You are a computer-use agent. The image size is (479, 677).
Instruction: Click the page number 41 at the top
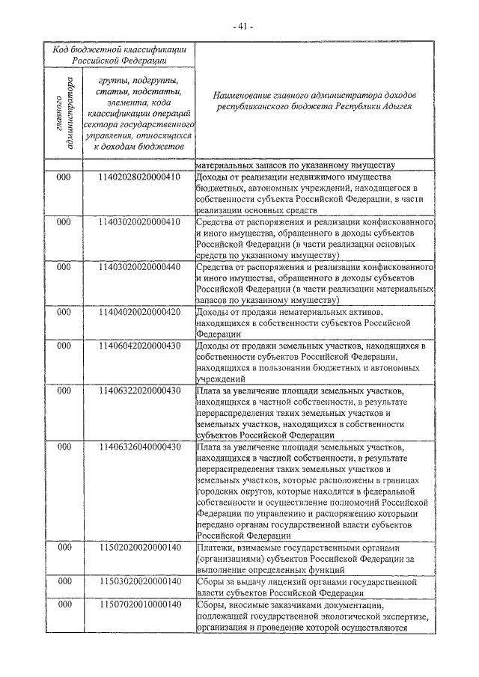[243, 26]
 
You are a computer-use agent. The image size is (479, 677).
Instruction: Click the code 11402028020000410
[139, 177]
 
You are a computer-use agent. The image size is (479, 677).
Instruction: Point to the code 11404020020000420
[139, 310]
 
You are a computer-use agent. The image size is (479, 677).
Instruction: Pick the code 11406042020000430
[139, 346]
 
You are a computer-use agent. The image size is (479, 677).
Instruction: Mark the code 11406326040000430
[139, 447]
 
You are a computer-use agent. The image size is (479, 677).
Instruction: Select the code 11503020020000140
[139, 580]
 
